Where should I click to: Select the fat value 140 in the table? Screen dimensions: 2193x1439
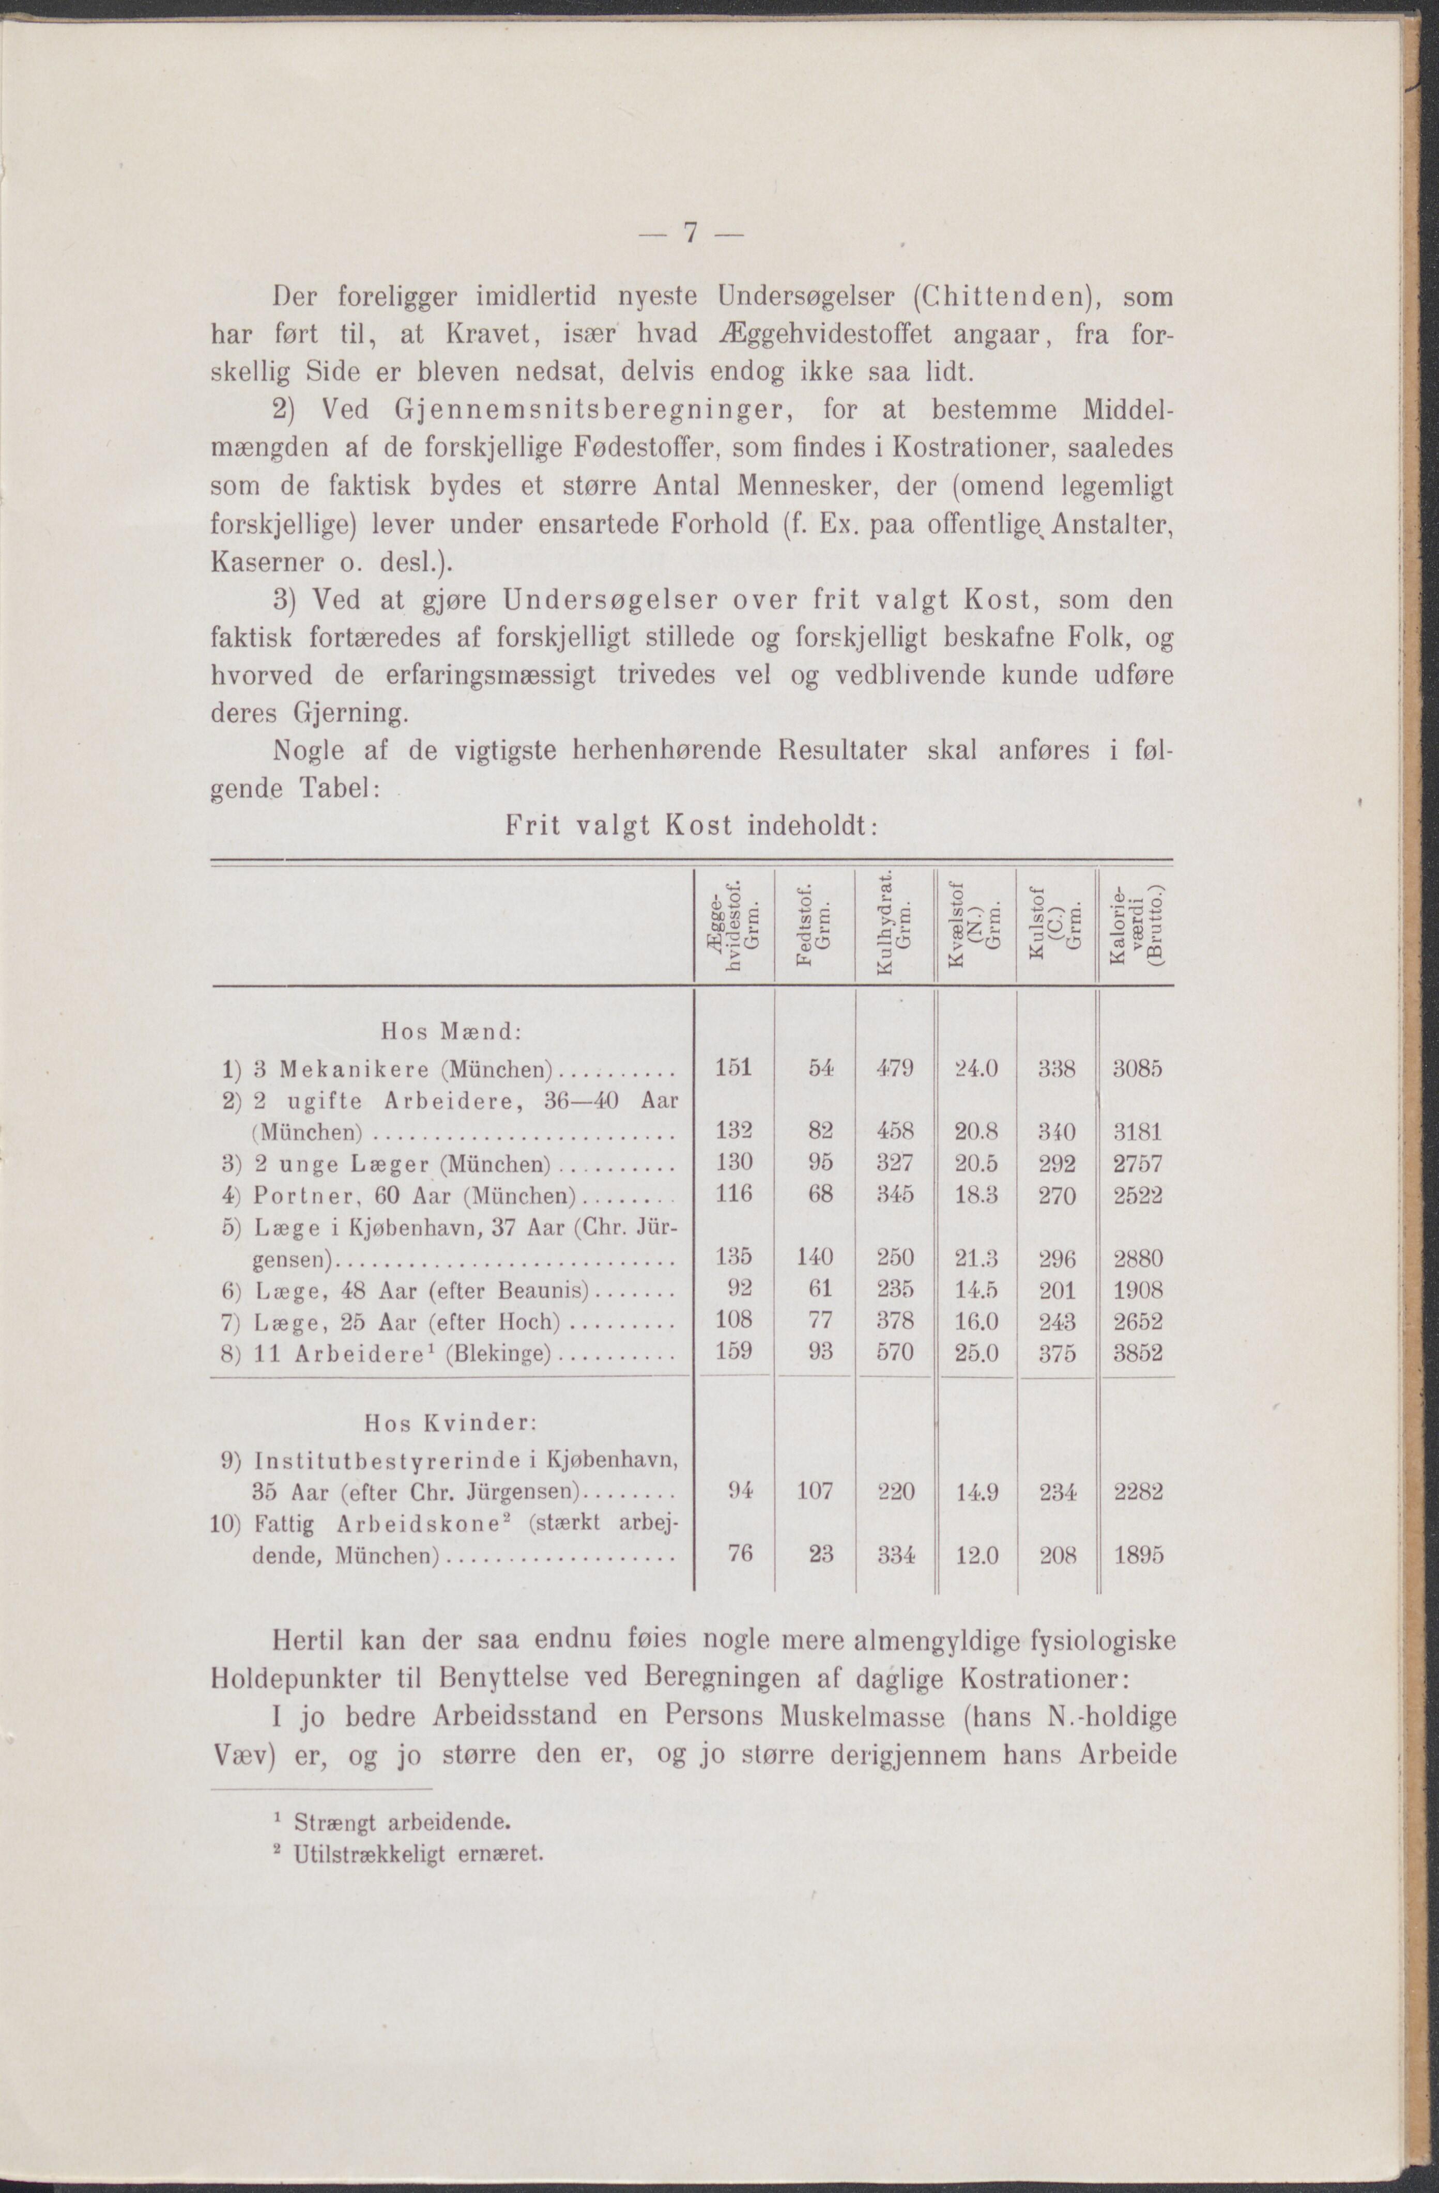coord(815,1258)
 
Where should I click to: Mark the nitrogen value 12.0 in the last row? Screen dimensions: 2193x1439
coord(976,1555)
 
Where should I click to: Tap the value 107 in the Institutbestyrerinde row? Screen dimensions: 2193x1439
coord(815,1491)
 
